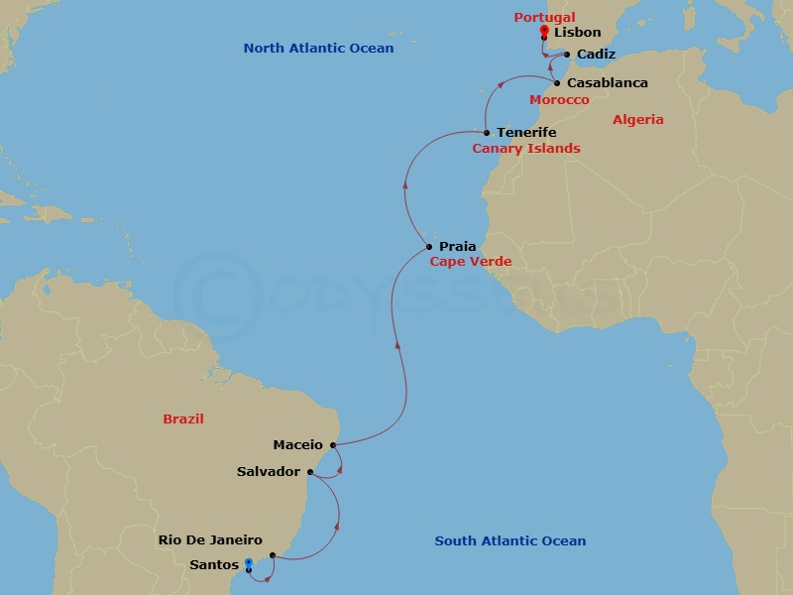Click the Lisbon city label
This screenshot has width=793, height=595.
tap(578, 33)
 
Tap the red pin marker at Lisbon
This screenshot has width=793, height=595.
tap(544, 31)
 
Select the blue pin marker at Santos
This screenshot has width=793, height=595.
tap(248, 563)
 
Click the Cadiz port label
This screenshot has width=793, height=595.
tap(596, 55)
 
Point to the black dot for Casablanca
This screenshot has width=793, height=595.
tap(557, 83)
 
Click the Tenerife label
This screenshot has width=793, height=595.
tap(526, 132)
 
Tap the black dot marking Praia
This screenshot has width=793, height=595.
tap(428, 247)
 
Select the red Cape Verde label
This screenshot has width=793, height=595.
tap(470, 262)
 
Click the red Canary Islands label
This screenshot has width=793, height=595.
tap(525, 149)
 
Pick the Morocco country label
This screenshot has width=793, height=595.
tap(559, 100)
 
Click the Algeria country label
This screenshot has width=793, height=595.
tap(638, 120)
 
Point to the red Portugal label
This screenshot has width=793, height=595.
tap(544, 17)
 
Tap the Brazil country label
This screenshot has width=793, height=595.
tap(183, 419)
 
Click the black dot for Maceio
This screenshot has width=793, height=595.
tap(333, 445)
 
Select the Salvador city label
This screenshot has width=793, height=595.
tap(268, 472)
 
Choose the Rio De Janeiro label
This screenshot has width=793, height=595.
tap(210, 540)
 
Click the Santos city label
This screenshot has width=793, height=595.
tap(214, 564)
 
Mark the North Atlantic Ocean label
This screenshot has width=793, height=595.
tap(318, 49)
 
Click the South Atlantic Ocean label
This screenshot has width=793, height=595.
tap(510, 541)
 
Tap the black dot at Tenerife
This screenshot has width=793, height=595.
tap(487, 133)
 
